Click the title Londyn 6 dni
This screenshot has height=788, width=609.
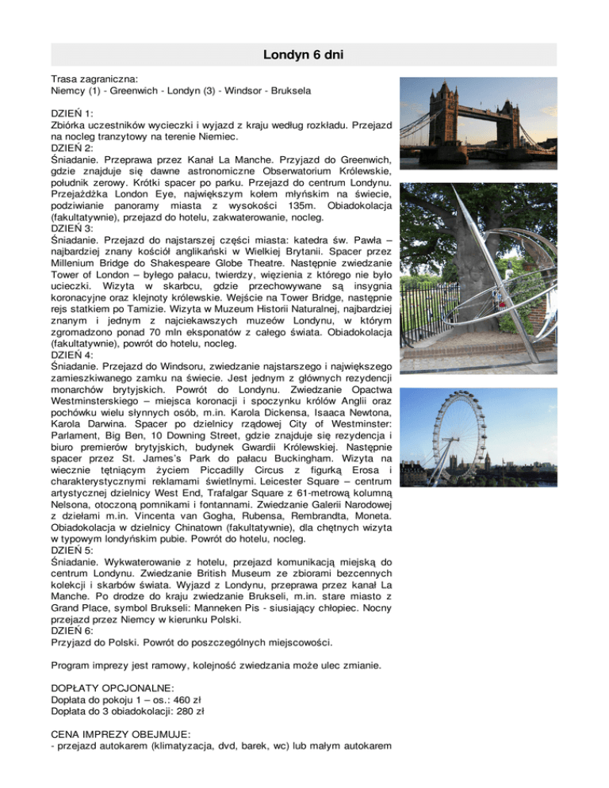pyautogui.click(x=304, y=55)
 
